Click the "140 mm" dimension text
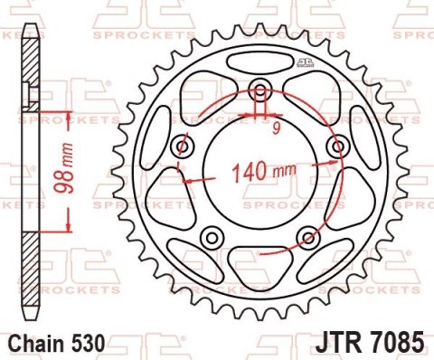point(263,171)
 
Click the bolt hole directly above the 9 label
point(261,90)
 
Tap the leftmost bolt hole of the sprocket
point(182,146)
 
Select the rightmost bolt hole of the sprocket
point(339,146)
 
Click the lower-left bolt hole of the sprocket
point(213,237)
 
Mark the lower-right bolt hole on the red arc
point(308,237)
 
